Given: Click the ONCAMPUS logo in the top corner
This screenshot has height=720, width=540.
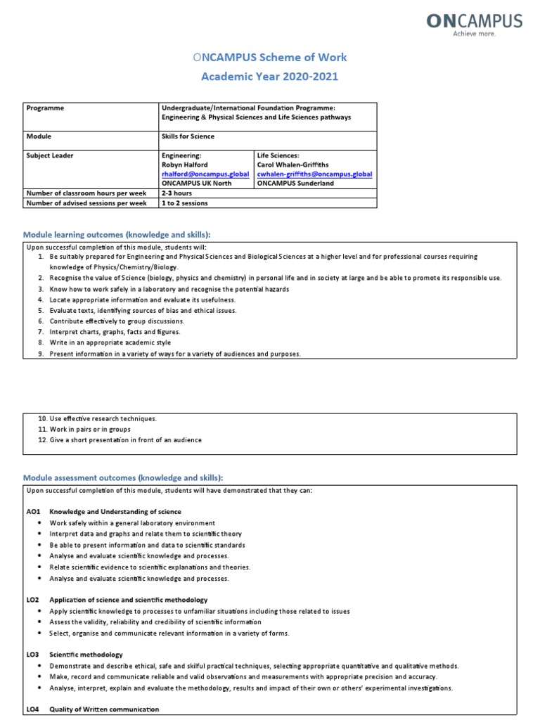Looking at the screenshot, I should [474, 25].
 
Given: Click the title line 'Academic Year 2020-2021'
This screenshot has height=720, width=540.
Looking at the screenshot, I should [270, 76].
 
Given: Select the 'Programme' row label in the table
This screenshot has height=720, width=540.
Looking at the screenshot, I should [45, 108].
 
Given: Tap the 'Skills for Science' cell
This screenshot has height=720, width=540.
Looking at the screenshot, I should [188, 136].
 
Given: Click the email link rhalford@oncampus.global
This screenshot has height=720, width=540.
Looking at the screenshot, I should [205, 174].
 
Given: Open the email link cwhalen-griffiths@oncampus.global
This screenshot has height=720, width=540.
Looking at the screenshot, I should [314, 174].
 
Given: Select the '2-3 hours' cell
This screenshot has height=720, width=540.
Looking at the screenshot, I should [176, 193].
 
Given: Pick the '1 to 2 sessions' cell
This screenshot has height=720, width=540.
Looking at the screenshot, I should [184, 203].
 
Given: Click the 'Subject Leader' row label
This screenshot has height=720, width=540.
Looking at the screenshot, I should [50, 155].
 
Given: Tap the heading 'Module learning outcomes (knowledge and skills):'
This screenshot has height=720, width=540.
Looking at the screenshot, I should [117, 234].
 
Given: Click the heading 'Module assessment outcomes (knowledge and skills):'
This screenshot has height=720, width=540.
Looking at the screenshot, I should [123, 477].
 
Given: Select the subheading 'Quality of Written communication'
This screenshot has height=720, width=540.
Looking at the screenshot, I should [104, 709].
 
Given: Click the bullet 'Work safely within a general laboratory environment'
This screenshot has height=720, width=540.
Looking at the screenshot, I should [132, 523].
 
